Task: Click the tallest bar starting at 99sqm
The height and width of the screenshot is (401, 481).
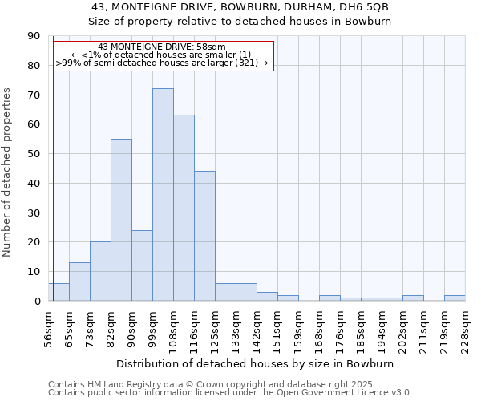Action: pyautogui.click(x=163, y=195)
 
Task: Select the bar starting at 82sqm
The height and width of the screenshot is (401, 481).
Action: pyautogui.click(x=121, y=220)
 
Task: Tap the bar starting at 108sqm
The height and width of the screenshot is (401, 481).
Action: pyautogui.click(x=184, y=208)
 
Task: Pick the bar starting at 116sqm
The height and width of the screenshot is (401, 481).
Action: pyautogui.click(x=204, y=236)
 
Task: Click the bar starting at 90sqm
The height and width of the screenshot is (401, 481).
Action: pyautogui.click(x=142, y=265)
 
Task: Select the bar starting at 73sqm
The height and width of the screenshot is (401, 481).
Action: pyautogui.click(x=100, y=271)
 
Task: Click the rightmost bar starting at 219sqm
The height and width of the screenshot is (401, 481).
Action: pyautogui.click(x=454, y=298)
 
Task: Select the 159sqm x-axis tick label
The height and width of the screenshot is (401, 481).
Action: pyautogui.click(x=298, y=327)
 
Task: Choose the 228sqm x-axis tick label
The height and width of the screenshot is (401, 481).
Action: pyautogui.click(x=465, y=327)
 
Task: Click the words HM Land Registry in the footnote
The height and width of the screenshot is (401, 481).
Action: pyautogui.click(x=119, y=384)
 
